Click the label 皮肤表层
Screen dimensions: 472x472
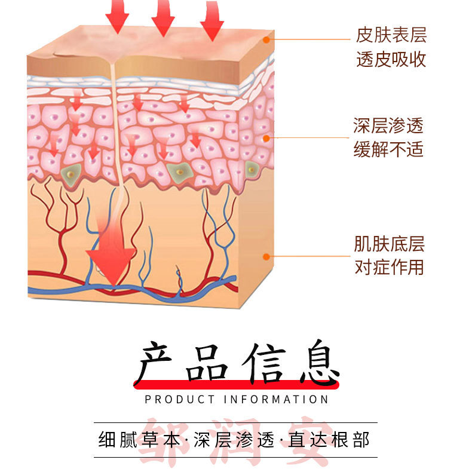(391, 35)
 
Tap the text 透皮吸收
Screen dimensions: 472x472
(391, 59)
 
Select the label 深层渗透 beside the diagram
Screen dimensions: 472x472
(388, 125)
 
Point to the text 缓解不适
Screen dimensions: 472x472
(388, 149)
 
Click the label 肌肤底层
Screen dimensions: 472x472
(389, 244)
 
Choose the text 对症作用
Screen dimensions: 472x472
(389, 267)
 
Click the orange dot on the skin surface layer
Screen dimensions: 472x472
(266, 39)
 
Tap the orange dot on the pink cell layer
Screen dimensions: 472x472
(266, 139)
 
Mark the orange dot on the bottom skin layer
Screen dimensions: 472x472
(266, 257)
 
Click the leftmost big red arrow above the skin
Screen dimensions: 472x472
(117, 17)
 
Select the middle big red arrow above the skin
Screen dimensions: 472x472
(163, 18)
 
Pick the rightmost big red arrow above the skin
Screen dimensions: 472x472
(212, 20)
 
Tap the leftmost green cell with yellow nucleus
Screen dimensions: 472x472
(71, 175)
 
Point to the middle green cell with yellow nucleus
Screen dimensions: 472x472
(180, 172)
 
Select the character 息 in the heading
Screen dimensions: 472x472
(320, 362)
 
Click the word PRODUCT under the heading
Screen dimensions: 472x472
(180, 400)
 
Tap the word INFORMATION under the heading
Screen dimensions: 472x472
(276, 400)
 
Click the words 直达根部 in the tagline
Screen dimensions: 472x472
(329, 440)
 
